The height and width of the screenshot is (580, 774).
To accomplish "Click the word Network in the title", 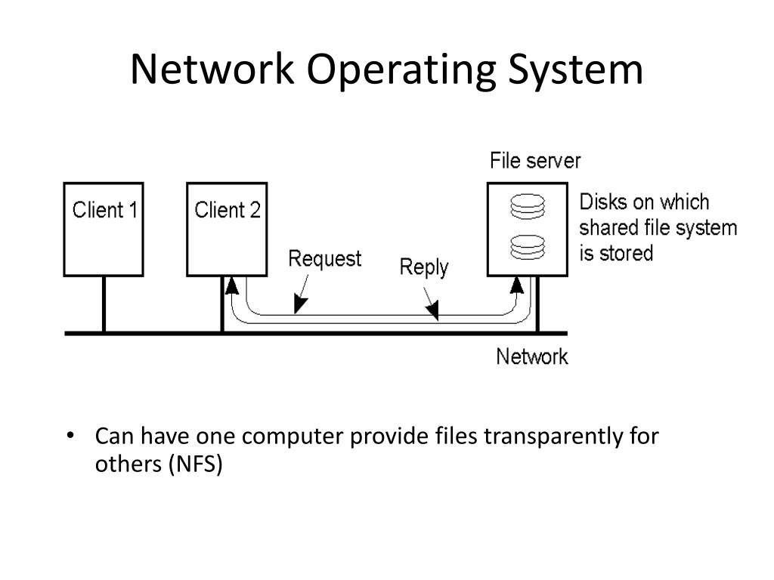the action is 212,69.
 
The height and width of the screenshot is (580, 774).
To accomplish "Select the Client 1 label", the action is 104,210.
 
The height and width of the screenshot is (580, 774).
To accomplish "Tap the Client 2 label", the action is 227,210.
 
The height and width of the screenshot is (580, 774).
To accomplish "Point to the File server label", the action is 535,161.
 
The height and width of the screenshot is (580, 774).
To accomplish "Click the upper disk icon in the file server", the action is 528,206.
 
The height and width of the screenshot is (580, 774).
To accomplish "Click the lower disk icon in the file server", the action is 528,247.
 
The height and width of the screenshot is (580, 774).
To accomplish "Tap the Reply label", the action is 424,268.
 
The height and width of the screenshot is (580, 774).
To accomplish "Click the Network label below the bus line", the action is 532,356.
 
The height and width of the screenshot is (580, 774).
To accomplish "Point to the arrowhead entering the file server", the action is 517,285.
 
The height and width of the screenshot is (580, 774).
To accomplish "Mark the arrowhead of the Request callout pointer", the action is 299,304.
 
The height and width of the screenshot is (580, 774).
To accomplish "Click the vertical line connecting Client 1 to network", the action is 104,304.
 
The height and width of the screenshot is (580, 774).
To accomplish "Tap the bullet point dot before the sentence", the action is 70,435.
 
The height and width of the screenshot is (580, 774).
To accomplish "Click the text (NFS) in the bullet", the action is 196,464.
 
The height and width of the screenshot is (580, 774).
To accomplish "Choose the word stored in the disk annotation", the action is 627,254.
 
